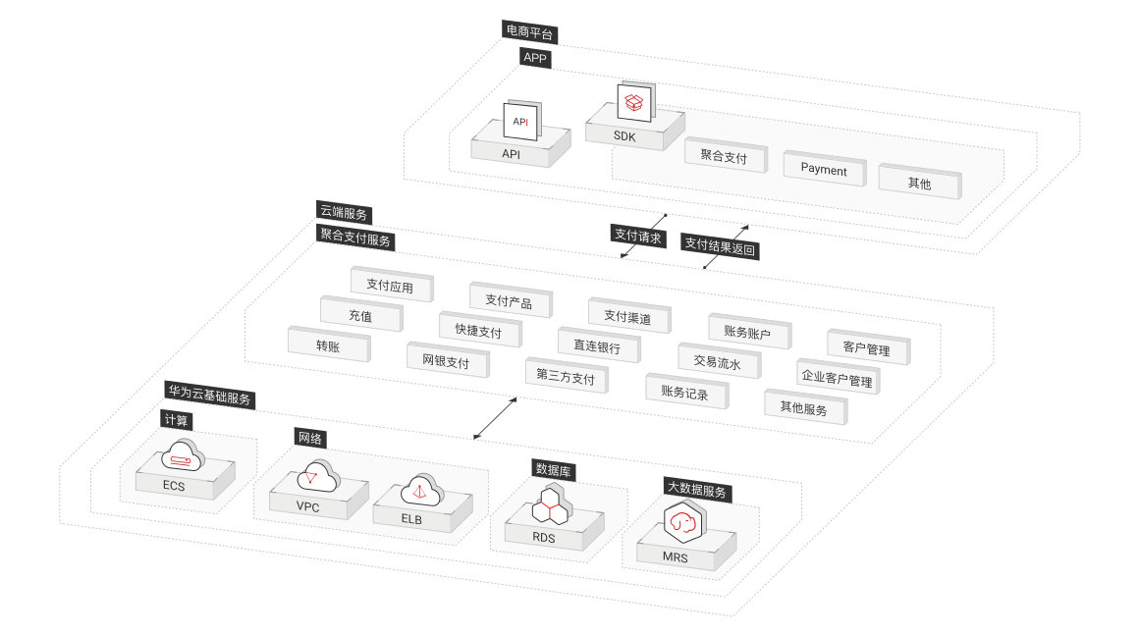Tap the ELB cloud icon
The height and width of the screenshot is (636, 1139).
[x=419, y=490]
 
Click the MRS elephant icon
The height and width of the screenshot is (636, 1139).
[x=684, y=525]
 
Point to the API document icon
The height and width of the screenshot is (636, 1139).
[x=520, y=122]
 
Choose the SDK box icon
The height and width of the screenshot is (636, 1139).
[x=633, y=101]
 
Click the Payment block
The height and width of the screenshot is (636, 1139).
[x=823, y=169]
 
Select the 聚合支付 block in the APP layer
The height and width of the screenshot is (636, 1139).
[x=725, y=155]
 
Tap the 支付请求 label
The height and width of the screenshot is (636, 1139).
[x=638, y=237]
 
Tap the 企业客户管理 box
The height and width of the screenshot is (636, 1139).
[x=836, y=377]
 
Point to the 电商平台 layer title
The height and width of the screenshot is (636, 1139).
[x=530, y=32]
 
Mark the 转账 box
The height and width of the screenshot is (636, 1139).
[x=328, y=346]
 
